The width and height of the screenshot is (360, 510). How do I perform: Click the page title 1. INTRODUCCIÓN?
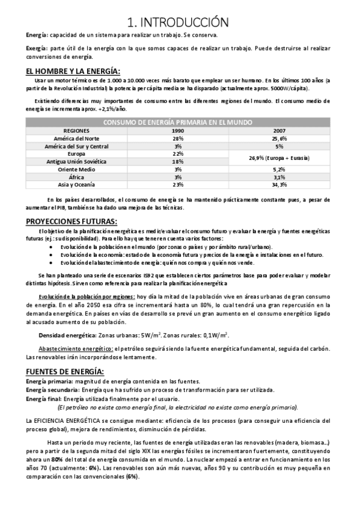(178, 22)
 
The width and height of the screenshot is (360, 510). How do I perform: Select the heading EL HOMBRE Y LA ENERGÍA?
(73, 72)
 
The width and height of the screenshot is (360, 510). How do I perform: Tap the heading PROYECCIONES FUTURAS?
(72, 221)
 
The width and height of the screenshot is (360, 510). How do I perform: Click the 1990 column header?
(177, 131)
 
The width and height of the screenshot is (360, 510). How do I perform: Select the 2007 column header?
(279, 131)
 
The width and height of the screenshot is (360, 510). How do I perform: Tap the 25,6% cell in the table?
(279, 138)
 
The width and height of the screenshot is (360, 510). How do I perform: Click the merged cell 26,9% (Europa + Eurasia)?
(279, 158)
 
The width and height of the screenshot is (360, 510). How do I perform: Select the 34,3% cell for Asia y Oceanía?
(279, 185)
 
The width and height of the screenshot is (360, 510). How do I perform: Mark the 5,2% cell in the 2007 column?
(279, 170)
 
